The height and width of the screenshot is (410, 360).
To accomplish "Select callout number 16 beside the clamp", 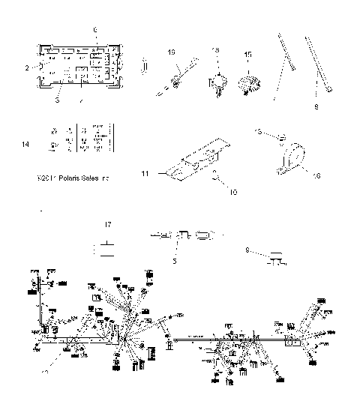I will (x=317, y=175).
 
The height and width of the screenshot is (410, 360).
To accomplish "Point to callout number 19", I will (x=170, y=52).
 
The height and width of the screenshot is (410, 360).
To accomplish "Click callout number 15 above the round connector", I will (x=248, y=54).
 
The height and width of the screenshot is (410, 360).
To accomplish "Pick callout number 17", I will (x=108, y=224).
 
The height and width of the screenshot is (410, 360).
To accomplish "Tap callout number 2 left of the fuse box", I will (x=26, y=67).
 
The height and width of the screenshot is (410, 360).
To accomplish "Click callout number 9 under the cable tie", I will (x=316, y=107).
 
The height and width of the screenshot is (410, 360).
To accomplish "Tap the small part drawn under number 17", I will (x=108, y=247).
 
